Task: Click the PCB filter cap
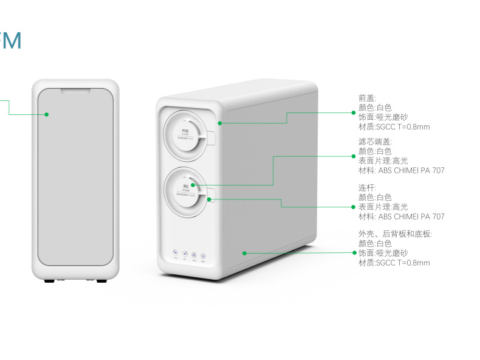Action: click(x=185, y=133)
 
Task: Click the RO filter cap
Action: click(x=185, y=190)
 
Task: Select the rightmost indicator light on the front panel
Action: click(x=203, y=256)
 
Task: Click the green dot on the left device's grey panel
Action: click(x=46, y=114)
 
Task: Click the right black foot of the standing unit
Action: click(x=98, y=282)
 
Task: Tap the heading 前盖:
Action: click(x=367, y=98)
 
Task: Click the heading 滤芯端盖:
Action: click(x=371, y=142)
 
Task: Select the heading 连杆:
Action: click(x=367, y=188)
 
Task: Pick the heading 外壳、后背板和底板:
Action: click(x=395, y=234)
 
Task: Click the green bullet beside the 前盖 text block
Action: click(x=354, y=112)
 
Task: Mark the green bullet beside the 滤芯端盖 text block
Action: click(x=354, y=156)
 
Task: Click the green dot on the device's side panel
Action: click(x=244, y=252)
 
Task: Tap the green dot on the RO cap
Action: click(x=192, y=184)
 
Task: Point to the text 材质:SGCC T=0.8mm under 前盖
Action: click(x=394, y=127)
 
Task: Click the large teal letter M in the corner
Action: click(x=11, y=40)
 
